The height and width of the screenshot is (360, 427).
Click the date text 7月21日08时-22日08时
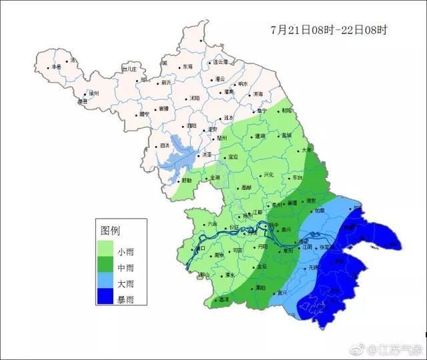point(329,30)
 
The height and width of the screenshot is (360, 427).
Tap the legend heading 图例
point(110,231)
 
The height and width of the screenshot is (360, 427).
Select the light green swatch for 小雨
point(105,251)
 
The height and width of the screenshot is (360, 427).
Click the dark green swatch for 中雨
point(105,268)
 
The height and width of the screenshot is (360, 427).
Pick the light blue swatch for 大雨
point(105,284)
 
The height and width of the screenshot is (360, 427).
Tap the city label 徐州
point(94,94)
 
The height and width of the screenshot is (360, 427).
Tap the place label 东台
point(297,179)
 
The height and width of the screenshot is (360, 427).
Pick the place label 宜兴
point(282,292)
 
